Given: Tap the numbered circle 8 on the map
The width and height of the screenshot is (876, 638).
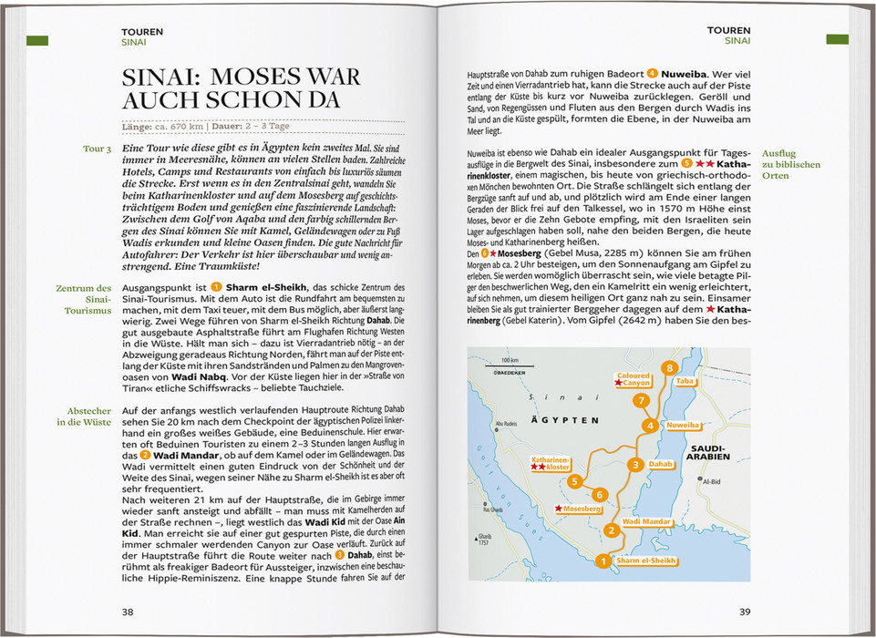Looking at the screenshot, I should coord(670,368).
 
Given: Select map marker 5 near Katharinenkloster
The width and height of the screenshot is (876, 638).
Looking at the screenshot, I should coord(574,480).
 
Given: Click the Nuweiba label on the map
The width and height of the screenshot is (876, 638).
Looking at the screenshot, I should coord(684,426).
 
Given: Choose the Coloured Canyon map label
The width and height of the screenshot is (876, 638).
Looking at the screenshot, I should coord(634,379).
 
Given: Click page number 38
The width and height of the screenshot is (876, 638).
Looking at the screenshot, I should coord(129,612).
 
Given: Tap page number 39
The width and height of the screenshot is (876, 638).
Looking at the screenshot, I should coord(744,612).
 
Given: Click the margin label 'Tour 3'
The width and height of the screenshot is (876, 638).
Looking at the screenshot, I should coord(97,149).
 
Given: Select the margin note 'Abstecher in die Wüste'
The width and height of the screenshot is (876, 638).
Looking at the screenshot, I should coord(83,417).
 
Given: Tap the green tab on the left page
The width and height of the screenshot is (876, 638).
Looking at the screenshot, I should coord(37,40).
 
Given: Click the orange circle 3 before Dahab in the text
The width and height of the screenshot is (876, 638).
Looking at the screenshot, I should coord(339,554).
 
